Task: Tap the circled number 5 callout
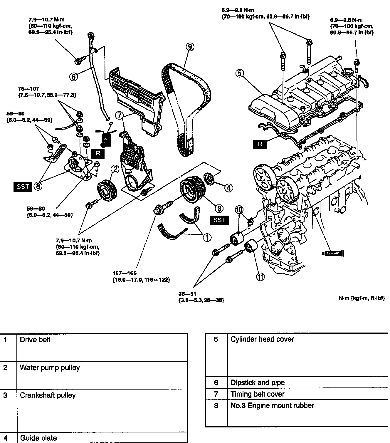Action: pyautogui.click(x=240, y=73)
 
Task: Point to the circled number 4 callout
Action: pyautogui.click(x=229, y=187)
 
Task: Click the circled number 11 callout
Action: pyautogui.click(x=260, y=276)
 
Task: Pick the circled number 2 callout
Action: pyautogui.click(x=115, y=169)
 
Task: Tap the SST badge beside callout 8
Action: pyautogui.click(x=23, y=186)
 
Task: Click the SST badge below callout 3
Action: pyautogui.click(x=219, y=220)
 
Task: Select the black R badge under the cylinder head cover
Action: pyautogui.click(x=260, y=144)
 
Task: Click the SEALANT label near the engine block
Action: pyautogui.click(x=333, y=254)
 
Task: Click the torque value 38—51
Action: pyautogui.click(x=187, y=293)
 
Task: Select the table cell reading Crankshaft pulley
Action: pyautogui.click(x=48, y=395)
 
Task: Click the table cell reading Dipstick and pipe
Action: pyautogui.click(x=258, y=382)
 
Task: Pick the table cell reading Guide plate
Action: pyautogui.click(x=38, y=438)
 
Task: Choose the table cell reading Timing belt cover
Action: pyautogui.click(x=258, y=394)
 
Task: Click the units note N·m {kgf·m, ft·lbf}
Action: pyautogui.click(x=362, y=298)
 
